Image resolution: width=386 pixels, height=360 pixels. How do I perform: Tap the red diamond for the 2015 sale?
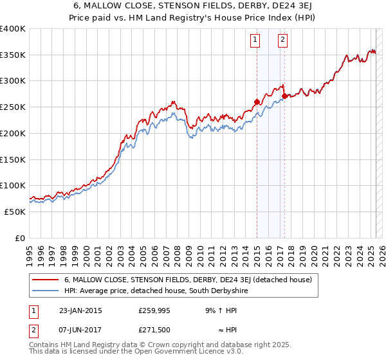point(257,102)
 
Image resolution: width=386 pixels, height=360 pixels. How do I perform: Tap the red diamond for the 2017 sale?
point(284,96)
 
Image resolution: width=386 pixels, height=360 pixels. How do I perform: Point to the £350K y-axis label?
point(13,55)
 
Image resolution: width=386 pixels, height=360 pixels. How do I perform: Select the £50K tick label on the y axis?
point(15,212)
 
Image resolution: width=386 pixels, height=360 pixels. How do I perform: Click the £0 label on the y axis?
point(20,238)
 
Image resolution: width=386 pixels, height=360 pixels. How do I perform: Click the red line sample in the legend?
point(46,280)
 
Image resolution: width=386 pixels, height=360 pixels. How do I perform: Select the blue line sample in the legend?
point(46,291)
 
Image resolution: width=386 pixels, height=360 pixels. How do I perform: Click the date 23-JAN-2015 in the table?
point(80,310)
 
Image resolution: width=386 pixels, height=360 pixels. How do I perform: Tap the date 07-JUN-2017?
point(80,330)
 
